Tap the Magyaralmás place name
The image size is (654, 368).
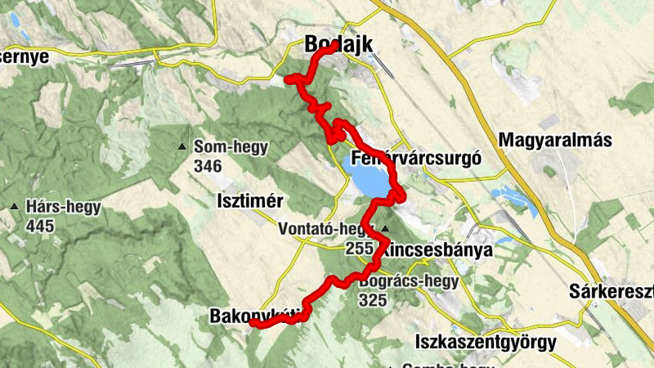coord(557,141)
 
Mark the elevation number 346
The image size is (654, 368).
coord(209,166)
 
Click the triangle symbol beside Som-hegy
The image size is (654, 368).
coord(181,147)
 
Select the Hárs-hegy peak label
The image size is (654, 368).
coord(64,207)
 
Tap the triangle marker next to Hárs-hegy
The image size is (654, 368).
coord(14,207)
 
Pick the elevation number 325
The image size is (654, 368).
coord(374,300)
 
